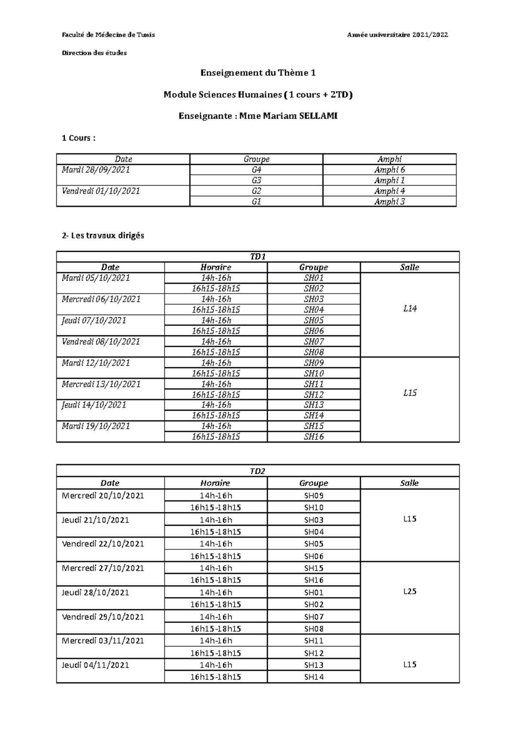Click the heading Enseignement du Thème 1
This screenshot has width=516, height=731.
(x=258, y=73)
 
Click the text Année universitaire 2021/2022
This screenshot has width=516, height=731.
(x=397, y=35)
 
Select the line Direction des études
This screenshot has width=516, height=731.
(x=95, y=53)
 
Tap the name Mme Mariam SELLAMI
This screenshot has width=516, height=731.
(x=288, y=116)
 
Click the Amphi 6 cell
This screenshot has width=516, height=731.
(x=389, y=170)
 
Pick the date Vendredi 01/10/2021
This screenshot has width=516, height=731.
(x=101, y=191)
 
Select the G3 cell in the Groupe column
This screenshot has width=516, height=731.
(x=256, y=180)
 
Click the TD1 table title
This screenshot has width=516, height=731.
(x=258, y=257)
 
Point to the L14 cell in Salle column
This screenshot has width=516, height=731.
(x=409, y=309)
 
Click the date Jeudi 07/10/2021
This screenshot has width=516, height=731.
(x=94, y=320)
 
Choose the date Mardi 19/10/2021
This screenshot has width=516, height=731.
(x=96, y=426)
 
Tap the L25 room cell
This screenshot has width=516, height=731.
(x=409, y=592)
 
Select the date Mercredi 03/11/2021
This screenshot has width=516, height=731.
(x=103, y=641)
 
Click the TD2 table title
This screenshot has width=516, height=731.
(x=258, y=471)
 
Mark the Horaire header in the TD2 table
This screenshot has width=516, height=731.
(x=215, y=483)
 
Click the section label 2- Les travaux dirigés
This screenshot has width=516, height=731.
(x=103, y=235)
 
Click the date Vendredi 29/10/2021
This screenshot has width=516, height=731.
(x=103, y=616)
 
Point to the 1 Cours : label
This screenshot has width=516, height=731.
(x=79, y=138)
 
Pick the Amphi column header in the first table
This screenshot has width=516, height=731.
(x=389, y=159)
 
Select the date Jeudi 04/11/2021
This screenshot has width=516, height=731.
(x=95, y=665)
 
